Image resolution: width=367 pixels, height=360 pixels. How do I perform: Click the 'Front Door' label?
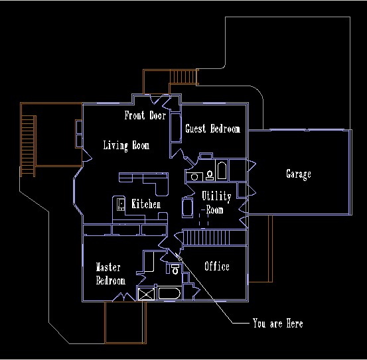click(x=145, y=115)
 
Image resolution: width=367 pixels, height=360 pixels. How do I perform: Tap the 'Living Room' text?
click(x=126, y=145)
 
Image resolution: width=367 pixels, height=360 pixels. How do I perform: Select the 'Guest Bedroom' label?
click(x=212, y=129)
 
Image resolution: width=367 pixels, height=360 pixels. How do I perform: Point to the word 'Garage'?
click(x=299, y=174)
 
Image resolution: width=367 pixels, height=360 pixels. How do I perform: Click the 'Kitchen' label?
click(x=146, y=204)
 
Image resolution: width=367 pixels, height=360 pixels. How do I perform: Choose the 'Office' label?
click(x=217, y=266)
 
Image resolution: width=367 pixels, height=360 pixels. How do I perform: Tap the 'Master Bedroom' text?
click(x=110, y=274)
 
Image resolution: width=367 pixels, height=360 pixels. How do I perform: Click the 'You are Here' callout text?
click(x=277, y=324)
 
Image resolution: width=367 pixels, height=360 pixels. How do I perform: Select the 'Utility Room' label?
click(x=216, y=202)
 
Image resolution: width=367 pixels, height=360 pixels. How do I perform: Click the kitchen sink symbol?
click(x=121, y=204)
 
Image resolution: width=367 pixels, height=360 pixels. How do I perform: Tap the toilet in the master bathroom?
click(x=175, y=269)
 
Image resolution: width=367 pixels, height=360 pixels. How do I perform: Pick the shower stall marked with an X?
click(x=146, y=294)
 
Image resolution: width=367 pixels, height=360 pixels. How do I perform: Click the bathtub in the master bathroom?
click(x=169, y=294)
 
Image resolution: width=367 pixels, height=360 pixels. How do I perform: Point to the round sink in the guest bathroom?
click(x=194, y=177)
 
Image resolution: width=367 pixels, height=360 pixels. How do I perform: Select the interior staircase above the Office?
click(x=215, y=237)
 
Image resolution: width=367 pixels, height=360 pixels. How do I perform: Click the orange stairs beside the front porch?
click(x=184, y=77)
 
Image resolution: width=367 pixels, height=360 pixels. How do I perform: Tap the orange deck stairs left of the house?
click(x=29, y=146)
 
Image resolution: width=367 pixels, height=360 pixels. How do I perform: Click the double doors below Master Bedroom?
click(x=124, y=297)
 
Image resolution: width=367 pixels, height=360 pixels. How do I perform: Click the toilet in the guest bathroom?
click(x=210, y=175)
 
